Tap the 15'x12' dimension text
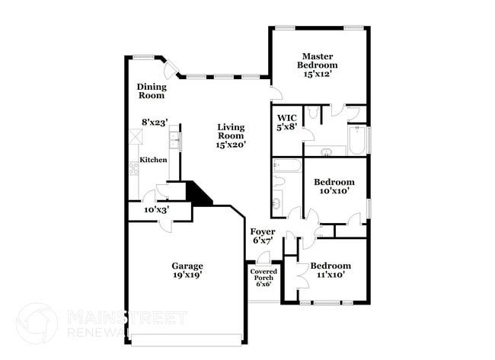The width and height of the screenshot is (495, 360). (x=318, y=75)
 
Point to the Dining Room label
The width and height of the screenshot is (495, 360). (x=152, y=91)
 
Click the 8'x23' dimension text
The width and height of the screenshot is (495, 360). (x=155, y=122)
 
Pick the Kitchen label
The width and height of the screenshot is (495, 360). (x=153, y=160)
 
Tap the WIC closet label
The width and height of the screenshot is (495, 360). (x=286, y=117)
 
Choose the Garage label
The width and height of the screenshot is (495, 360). (x=187, y=266)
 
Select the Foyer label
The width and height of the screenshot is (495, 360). (x=263, y=231)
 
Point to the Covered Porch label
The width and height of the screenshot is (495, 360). (x=263, y=276)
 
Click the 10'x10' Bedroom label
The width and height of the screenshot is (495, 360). (x=334, y=182)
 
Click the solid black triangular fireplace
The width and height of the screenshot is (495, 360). (x=200, y=193)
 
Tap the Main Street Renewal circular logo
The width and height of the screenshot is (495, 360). (x=36, y=323)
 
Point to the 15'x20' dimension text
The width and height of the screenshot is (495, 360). (x=230, y=144)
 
